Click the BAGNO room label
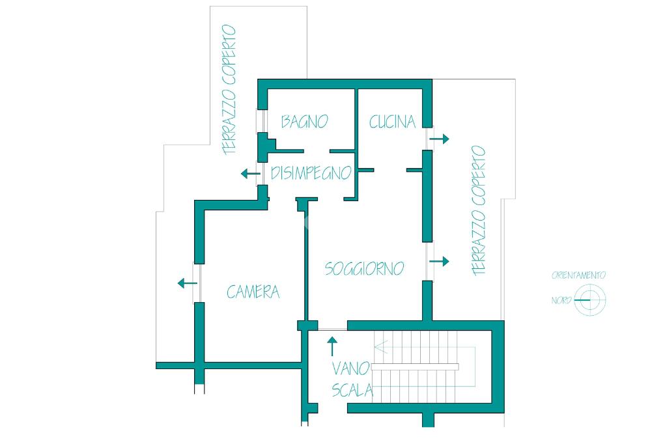[x=305, y=122]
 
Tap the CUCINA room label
[x=392, y=122]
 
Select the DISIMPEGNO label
[x=311, y=173]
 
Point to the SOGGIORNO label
[x=364, y=268]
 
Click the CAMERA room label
[x=253, y=292]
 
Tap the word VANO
[x=350, y=368]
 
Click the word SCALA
[x=352, y=390]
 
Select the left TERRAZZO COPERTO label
[x=229, y=90]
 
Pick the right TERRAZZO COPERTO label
[x=479, y=210]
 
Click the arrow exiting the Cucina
[x=440, y=139]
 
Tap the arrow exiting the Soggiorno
[x=440, y=261]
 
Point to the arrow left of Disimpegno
[x=251, y=174]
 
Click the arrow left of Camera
[x=187, y=283]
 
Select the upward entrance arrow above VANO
[x=332, y=346]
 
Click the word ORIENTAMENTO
[x=578, y=275]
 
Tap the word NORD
[x=561, y=300]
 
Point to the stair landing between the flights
[x=415, y=367]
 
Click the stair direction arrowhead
[x=380, y=347]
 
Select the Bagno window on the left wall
[x=261, y=121]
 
